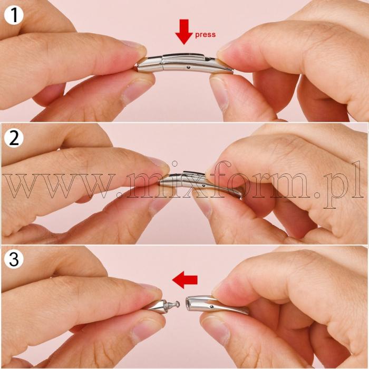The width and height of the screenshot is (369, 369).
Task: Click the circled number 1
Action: point(14,15)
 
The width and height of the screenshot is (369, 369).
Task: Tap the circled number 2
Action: point(14,138)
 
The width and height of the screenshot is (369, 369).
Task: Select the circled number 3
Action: point(14,259)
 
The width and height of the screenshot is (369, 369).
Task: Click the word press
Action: point(205,35)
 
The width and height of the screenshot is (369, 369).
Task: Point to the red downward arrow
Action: point(184,32)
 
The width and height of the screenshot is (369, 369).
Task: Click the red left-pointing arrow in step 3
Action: point(184,279)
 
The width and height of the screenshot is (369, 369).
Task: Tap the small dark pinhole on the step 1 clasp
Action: point(188,67)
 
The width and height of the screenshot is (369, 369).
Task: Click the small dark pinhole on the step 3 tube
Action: point(212,306)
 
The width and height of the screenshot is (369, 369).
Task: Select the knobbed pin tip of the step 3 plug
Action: point(178,305)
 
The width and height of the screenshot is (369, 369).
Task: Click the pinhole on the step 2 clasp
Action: point(203,186)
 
